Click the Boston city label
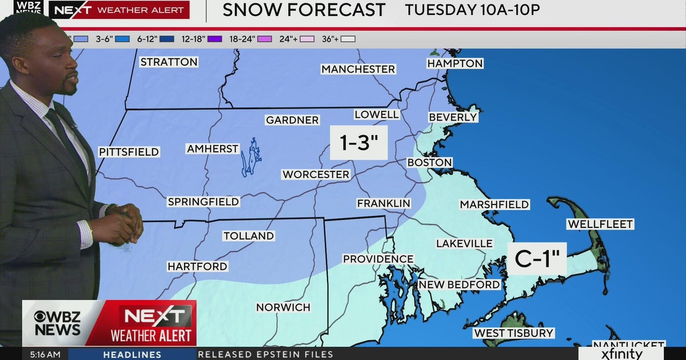click(429, 163)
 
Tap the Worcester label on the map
click(316, 174)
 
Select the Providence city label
click(378, 259)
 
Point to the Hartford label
click(197, 266)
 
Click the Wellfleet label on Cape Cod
click(600, 224)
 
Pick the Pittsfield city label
click(129, 152)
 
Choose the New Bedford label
click(459, 285)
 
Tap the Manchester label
click(358, 69)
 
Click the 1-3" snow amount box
click(359, 143)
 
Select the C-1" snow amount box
click(537, 259)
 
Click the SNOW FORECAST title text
click(304, 10)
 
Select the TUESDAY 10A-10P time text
click(472, 10)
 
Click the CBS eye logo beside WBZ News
click(41, 317)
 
